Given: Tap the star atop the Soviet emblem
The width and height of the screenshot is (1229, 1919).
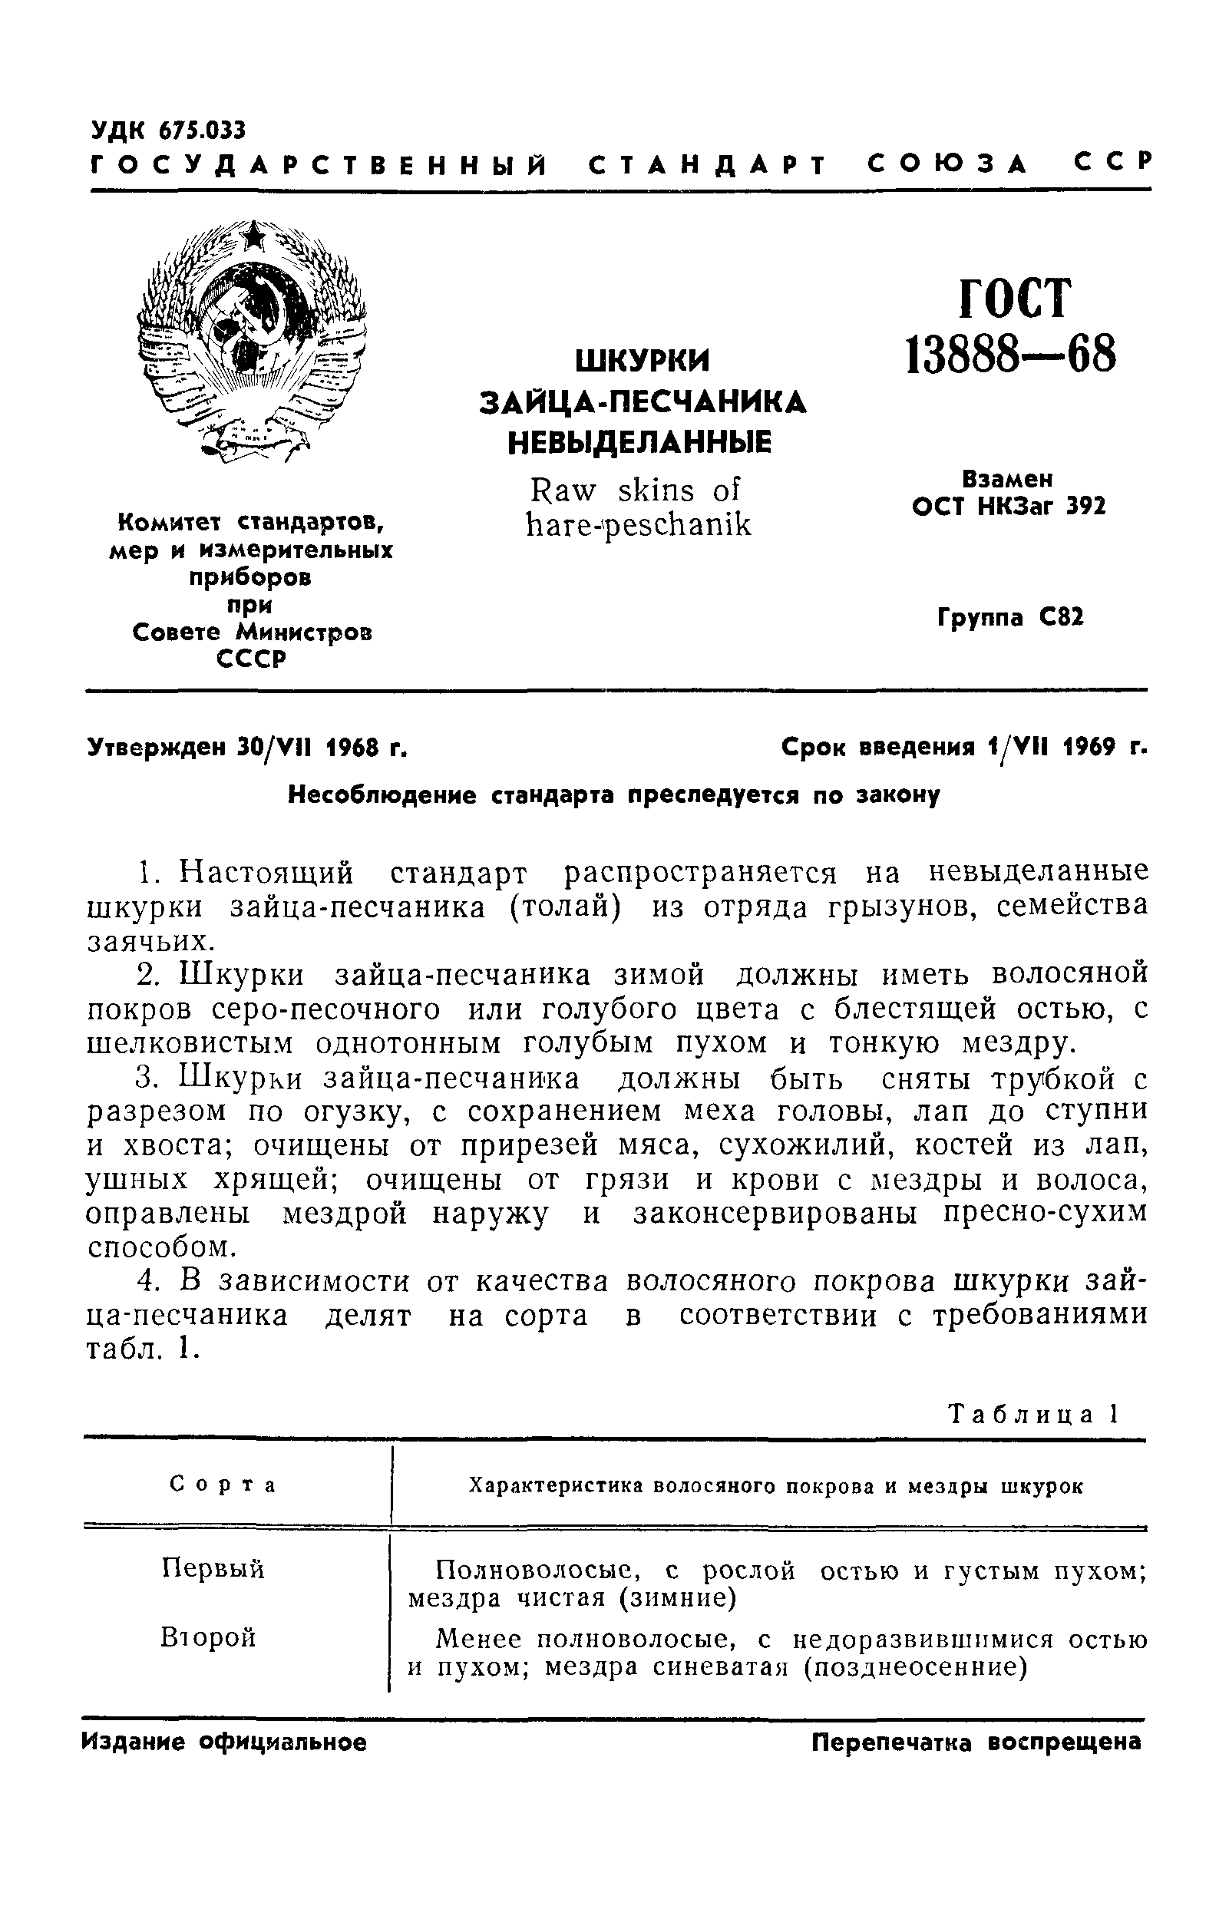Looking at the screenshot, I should click(254, 235).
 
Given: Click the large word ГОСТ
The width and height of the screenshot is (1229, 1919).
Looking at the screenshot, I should click(1012, 299).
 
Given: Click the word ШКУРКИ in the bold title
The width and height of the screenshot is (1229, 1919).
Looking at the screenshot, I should click(643, 362).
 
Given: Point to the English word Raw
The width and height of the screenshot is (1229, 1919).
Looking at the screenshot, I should click(563, 490).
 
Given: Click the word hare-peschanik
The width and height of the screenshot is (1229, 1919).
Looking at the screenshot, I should click(639, 525).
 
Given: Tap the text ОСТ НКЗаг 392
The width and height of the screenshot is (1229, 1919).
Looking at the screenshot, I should click(1009, 507).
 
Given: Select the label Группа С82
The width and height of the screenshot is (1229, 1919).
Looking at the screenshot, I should click(1010, 619).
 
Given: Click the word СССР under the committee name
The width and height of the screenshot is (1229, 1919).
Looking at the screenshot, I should click(251, 659).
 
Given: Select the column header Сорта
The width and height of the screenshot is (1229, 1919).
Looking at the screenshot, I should click(223, 1485).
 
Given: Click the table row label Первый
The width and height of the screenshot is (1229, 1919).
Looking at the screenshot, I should click(213, 1570).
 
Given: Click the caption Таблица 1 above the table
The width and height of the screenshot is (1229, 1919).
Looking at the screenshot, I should click(1033, 1415).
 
